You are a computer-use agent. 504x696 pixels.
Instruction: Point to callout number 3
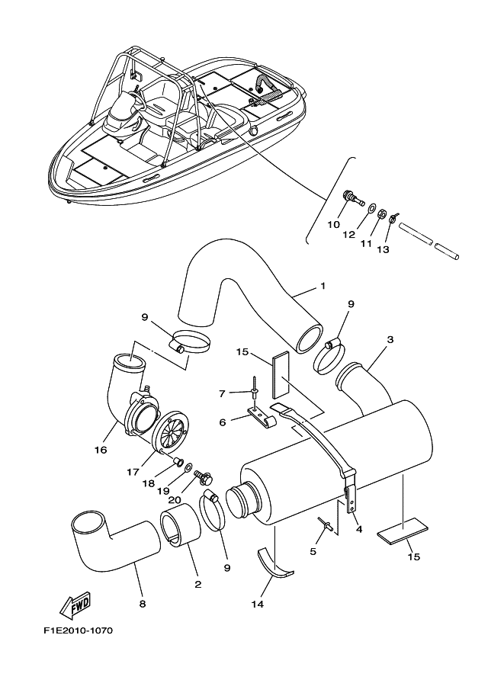click(x=390, y=338)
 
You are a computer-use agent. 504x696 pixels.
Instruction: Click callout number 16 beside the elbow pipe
click(x=101, y=451)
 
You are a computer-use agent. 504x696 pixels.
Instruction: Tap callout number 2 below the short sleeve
click(x=198, y=585)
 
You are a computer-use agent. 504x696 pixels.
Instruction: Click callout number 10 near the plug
click(x=333, y=225)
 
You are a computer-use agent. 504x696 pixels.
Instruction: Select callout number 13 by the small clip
click(x=383, y=249)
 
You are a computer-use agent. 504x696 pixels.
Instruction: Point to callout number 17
click(x=133, y=472)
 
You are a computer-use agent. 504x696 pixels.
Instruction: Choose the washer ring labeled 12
click(x=369, y=209)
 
